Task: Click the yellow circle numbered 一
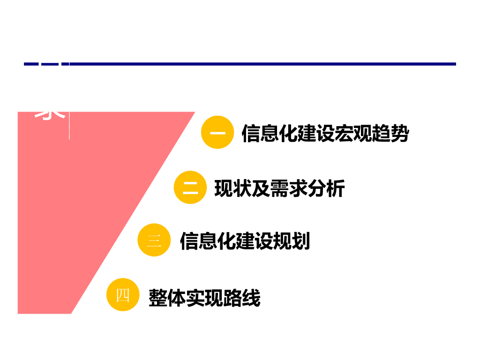[217, 133]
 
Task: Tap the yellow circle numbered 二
[190, 187]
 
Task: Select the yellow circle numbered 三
[154, 240]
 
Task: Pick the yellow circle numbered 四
[123, 295]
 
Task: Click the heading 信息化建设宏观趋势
[325, 134]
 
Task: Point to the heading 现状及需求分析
[279, 188]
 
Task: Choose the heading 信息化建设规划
[245, 241]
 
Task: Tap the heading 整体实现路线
[204, 298]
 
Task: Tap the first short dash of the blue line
[31, 64]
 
